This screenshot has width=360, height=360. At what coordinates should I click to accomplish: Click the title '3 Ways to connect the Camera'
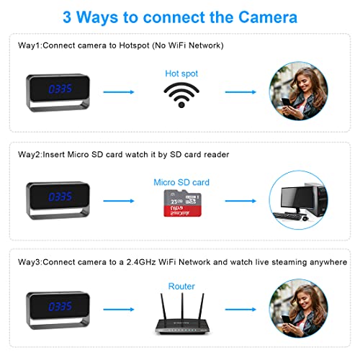[180, 16]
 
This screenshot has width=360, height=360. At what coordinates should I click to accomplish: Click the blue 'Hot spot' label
[181, 73]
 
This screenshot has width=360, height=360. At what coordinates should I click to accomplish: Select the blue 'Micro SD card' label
[181, 182]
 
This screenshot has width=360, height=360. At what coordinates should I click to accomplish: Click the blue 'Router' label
[181, 286]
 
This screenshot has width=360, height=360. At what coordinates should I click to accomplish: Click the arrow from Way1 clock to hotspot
[119, 92]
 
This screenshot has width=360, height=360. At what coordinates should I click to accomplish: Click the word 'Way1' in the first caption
[30, 45]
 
